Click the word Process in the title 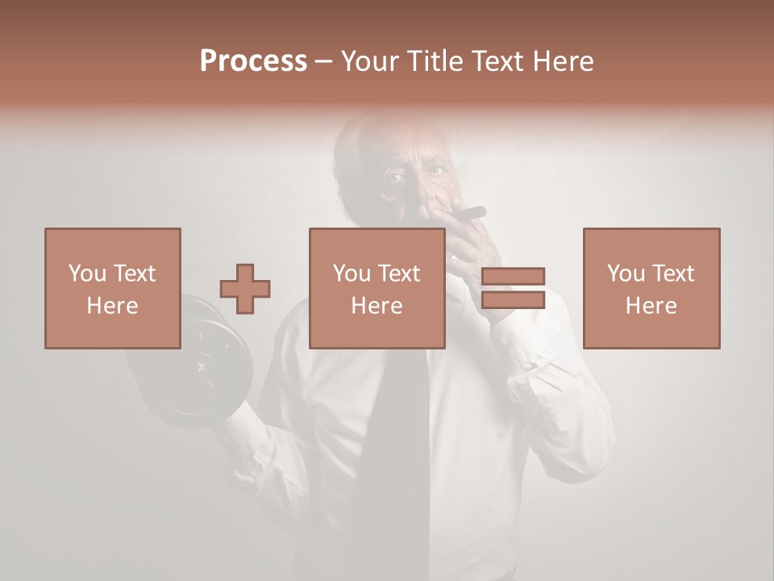pos(253,61)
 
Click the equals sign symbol pos(513,289)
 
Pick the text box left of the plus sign pos(113,288)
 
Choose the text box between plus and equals pos(377,288)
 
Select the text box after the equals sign pos(651,288)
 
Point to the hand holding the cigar pos(468,242)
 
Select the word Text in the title pos(495,61)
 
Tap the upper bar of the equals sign pos(513,276)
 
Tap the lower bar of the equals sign pos(513,301)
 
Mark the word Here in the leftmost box pos(113,306)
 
